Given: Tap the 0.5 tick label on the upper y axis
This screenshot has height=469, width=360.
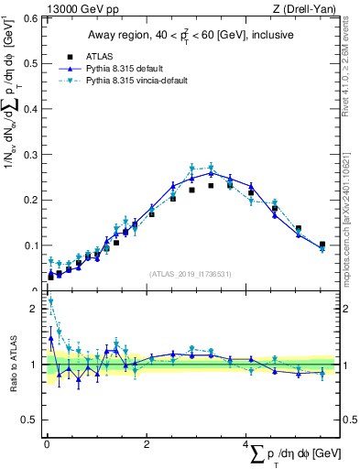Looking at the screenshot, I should click(x=29, y=63).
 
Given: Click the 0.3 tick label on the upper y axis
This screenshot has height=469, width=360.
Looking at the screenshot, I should click(x=29, y=154).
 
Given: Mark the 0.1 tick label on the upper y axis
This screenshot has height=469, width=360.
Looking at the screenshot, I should click(x=29, y=245).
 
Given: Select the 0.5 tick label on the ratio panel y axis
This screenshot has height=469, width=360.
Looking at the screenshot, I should click(x=31, y=420).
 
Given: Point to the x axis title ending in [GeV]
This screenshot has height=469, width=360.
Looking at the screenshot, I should click(x=285, y=454).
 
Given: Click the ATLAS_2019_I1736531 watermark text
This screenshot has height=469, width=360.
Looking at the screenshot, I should click(x=191, y=274).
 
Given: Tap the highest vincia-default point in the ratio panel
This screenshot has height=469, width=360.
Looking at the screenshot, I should click(x=50, y=300).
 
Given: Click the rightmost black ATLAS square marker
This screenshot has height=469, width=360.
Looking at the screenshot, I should click(x=322, y=245).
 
